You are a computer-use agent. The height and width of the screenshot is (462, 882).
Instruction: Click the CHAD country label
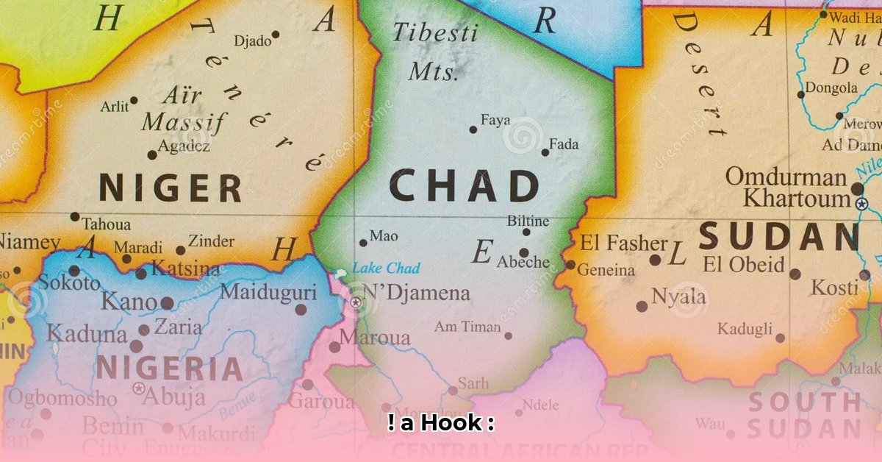point(464,186)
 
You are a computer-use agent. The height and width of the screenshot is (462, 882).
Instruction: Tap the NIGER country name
point(171,188)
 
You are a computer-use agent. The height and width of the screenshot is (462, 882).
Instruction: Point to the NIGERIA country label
point(170,368)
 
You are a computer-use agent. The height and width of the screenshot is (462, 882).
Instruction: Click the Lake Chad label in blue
point(386,268)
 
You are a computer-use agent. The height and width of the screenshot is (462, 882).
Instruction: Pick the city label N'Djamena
point(416,293)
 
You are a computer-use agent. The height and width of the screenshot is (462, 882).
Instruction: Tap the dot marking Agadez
point(152,154)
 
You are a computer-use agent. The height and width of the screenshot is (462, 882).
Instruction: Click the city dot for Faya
point(473,129)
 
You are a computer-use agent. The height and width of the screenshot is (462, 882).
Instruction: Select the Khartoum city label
point(796,199)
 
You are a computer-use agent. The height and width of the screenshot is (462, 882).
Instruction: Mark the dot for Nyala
point(642,306)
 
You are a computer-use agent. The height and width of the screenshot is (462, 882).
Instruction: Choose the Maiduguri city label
point(268,292)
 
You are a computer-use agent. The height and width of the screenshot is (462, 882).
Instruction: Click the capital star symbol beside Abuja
point(138,388)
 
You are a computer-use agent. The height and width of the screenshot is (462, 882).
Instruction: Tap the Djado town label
point(251,41)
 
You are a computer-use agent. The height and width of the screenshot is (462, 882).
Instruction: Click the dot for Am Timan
point(508,335)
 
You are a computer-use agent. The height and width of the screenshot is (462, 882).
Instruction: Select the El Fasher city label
point(624,243)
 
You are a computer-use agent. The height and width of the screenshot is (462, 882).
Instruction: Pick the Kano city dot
point(167,302)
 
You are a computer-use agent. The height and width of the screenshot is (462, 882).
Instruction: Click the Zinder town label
point(211,241)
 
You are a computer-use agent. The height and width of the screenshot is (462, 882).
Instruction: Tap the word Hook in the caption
point(448,424)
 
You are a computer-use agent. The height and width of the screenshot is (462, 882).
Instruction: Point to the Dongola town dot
point(801,94)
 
